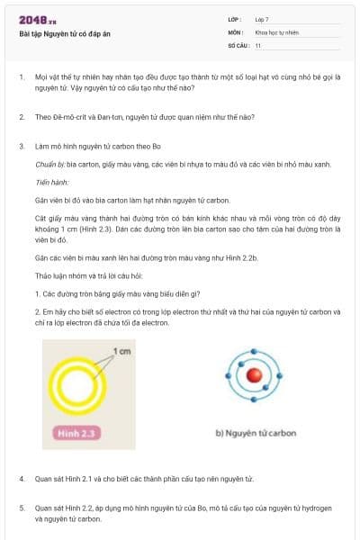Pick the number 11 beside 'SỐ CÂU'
pyautogui.click(x=258, y=45)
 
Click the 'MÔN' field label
pyautogui.click(x=235, y=31)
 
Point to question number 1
pyautogui.click(x=22, y=77)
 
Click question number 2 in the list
pyautogui.click(x=22, y=117)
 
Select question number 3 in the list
pyautogui.click(x=22, y=146)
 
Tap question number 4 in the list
pyautogui.click(x=22, y=479)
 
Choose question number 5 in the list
pyautogui.click(x=22, y=508)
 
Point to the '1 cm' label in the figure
pyautogui.click(x=122, y=350)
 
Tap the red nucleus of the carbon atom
pyautogui.click(x=256, y=377)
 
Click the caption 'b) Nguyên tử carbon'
pyautogui.click(x=256, y=433)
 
